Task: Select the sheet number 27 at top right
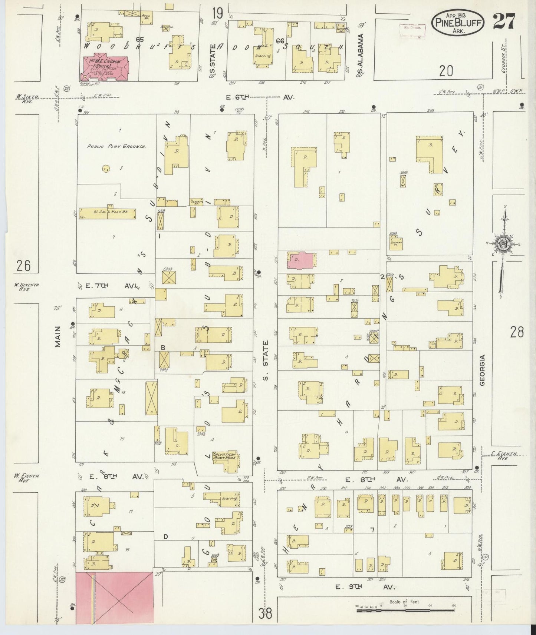[x=503, y=22]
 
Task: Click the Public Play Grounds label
[x=116, y=146]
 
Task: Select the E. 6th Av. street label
[x=260, y=97]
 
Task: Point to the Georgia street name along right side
[x=482, y=370]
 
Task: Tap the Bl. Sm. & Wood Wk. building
[x=108, y=214]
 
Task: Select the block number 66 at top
[x=280, y=41]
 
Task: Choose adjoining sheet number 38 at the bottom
[x=265, y=614]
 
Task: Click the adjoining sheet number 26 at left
[x=23, y=266]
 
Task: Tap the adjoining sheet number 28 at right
[x=516, y=332]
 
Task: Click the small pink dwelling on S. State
[x=301, y=260]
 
